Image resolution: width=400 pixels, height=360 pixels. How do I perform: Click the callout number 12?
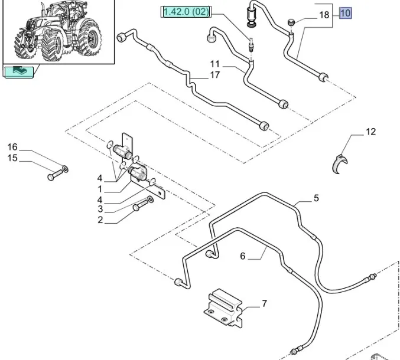tap(370, 132)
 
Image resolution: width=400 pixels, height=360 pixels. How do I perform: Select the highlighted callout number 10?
tap(345, 12)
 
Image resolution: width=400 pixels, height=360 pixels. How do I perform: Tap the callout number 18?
tap(324, 16)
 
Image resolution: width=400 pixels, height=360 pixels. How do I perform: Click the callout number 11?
tap(214, 63)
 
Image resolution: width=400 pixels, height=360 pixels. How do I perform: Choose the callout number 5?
tap(316, 198)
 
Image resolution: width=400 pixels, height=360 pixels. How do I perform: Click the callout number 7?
tap(264, 304)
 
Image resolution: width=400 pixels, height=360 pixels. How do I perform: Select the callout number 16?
tap(12, 147)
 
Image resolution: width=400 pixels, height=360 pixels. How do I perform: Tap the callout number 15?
tap(12, 158)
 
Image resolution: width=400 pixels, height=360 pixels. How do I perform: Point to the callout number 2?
tap(100, 220)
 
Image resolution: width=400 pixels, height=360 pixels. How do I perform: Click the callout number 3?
tap(100, 209)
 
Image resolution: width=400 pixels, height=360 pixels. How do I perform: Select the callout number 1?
tap(100, 189)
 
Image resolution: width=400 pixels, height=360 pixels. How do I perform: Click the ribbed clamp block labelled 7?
tap(223, 306)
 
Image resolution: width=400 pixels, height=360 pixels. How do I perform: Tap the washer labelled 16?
tap(64, 169)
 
